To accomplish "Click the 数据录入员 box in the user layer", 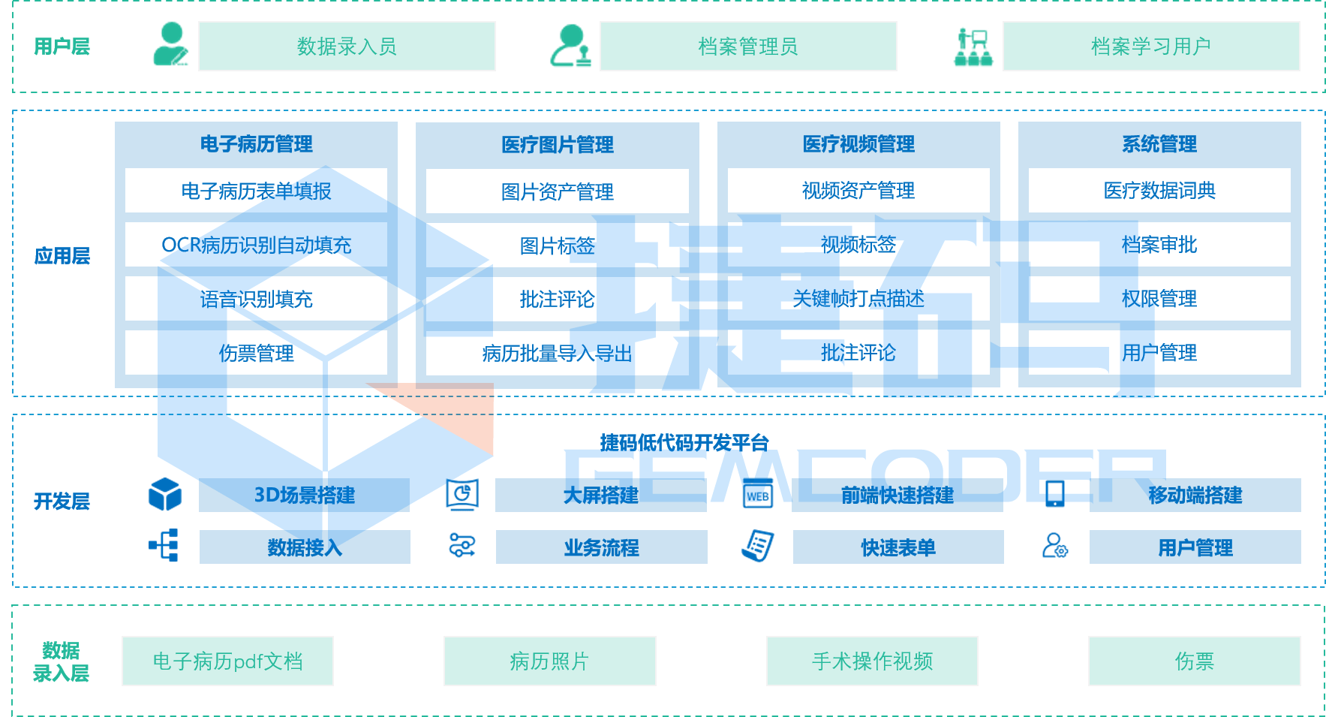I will [346, 47].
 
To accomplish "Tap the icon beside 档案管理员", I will [570, 46].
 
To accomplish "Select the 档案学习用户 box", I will [1150, 47].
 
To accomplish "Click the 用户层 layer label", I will [62, 47].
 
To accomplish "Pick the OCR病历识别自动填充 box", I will [256, 245].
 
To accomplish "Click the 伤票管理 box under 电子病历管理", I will [256, 353].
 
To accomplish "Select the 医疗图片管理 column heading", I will [557, 144].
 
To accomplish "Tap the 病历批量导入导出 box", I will [557, 353].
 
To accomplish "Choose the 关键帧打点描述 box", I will [858, 299].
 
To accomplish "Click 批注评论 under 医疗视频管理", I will [858, 353].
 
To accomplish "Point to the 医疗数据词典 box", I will [1159, 191].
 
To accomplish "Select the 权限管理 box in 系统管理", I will [1159, 299].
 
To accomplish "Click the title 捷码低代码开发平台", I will [684, 443].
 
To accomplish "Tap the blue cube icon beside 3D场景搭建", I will [165, 495].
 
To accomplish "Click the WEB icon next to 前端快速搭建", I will [757, 495].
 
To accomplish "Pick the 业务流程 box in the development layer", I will [601, 547].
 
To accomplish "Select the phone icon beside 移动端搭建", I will [1054, 494].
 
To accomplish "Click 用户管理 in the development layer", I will [1195, 547].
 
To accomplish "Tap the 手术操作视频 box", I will [872, 661].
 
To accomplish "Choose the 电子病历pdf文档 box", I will [227, 661].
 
